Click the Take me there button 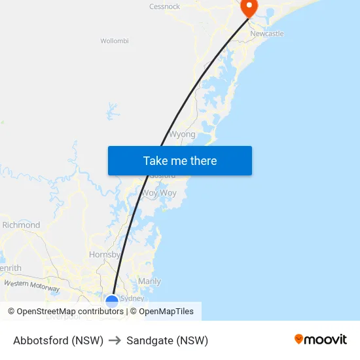(x=180, y=160)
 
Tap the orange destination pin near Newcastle (x=249, y=7)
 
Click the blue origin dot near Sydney (x=112, y=302)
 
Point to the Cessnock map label (x=164, y=7)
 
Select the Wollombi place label (x=115, y=41)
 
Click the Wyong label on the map (x=182, y=134)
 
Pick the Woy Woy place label (x=160, y=193)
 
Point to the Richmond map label (x=21, y=225)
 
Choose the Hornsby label (x=105, y=255)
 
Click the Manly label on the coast (x=149, y=281)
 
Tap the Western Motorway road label (x=31, y=285)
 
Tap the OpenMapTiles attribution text (x=166, y=312)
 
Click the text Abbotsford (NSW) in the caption (x=58, y=340)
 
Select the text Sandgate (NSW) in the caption (x=168, y=340)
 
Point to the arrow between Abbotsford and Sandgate (x=115, y=340)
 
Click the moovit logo (x=321, y=339)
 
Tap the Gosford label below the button (x=163, y=176)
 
